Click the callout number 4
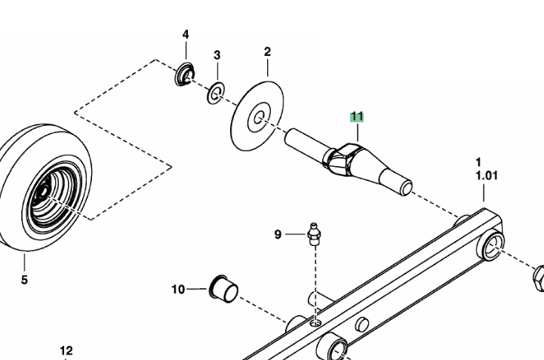[186, 35]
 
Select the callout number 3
[217, 55]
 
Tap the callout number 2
[267, 52]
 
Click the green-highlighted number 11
[357, 117]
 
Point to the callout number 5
[24, 280]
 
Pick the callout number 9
[278, 235]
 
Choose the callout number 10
[178, 289]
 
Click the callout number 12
[66, 351]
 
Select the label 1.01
[487, 176]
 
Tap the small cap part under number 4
[185, 75]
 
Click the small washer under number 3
[216, 93]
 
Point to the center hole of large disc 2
[259, 118]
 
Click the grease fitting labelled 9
[314, 234]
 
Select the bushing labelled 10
[224, 289]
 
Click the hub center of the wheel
[44, 192]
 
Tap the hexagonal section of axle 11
[343, 160]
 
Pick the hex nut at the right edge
[538, 278]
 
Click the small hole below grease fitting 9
[315, 324]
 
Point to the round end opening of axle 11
[406, 188]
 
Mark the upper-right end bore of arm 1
[491, 246]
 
